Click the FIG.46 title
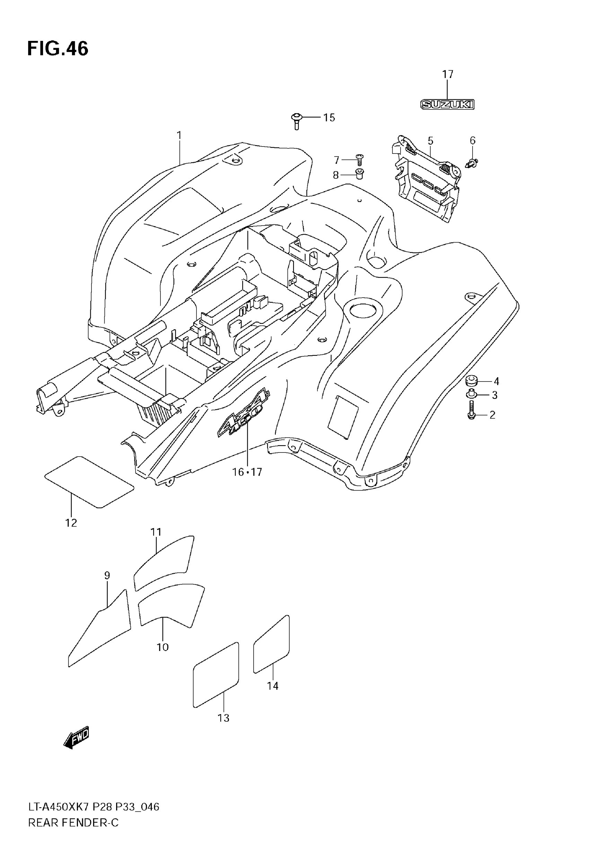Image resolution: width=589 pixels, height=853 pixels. click(x=58, y=49)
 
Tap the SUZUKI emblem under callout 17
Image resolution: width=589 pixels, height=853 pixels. click(x=447, y=105)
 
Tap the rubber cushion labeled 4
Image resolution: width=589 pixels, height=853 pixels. click(x=472, y=380)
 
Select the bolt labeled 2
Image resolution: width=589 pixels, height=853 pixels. click(x=471, y=411)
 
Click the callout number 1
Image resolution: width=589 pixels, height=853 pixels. click(x=179, y=136)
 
